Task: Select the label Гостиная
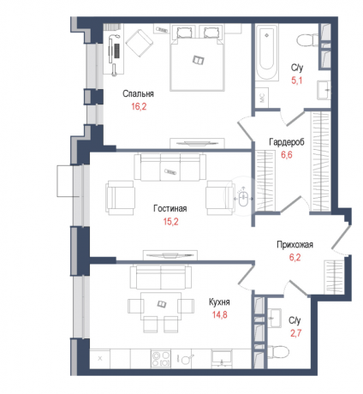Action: (x=170, y=208)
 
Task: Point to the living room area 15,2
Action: (x=170, y=220)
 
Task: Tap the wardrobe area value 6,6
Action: (x=286, y=155)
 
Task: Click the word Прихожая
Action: (x=293, y=244)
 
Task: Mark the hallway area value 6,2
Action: (x=293, y=256)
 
